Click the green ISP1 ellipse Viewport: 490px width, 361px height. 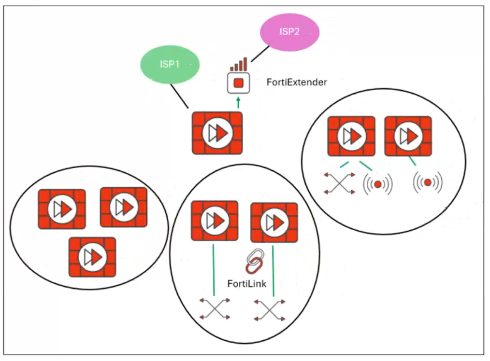(170, 65)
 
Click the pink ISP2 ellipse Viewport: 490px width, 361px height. (289, 32)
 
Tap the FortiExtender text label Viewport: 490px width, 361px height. (297, 83)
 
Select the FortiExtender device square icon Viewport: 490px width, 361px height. (238, 83)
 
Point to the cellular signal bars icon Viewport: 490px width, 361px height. (239, 64)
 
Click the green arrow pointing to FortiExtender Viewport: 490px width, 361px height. (238, 102)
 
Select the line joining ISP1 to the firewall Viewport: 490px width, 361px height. (179, 97)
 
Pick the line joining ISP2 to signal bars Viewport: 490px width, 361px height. (260, 54)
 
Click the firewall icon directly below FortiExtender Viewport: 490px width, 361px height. (217, 133)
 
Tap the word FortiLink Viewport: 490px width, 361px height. (247, 284)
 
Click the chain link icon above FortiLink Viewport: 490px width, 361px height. (255, 261)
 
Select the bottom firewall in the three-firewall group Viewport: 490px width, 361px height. (92, 257)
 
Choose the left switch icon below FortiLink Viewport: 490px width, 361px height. (215, 309)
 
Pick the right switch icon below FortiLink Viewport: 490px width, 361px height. (270, 310)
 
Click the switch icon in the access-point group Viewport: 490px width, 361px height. (339, 183)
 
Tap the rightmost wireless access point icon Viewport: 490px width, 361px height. (428, 182)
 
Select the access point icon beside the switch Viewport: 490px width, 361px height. (378, 184)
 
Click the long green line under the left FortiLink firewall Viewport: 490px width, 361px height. (214, 270)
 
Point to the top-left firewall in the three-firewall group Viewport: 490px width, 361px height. (62, 209)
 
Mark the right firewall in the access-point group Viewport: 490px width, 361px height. (408, 137)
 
